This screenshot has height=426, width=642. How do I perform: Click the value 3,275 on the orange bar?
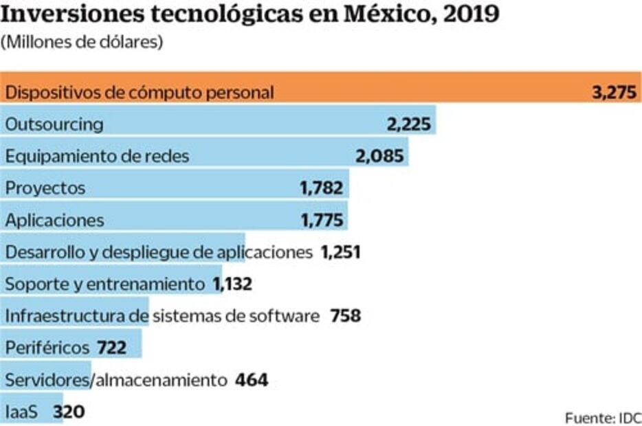point(616,93)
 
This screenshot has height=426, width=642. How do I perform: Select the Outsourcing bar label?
point(54,124)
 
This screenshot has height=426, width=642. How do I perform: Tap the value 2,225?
point(408,124)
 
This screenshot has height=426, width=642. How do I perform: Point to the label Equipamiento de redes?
point(97,156)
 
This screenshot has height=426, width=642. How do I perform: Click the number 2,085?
point(380,156)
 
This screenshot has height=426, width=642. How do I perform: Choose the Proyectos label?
point(45,188)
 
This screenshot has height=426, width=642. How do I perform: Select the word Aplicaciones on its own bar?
point(55,220)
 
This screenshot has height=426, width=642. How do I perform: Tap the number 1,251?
point(340,252)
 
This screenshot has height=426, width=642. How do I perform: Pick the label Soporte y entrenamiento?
point(104,284)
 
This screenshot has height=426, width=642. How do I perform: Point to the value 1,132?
point(232,284)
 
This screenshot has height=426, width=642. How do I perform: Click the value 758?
point(345,316)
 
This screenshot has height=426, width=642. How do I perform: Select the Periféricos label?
point(47,348)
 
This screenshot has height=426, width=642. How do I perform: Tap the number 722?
point(112,348)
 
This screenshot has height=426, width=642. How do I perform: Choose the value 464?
point(252,380)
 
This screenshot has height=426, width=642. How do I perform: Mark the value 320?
point(69,412)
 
